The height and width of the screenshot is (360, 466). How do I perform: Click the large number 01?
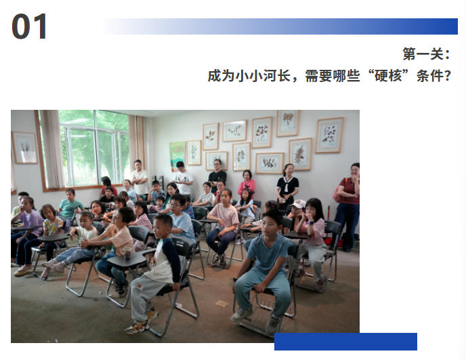(29, 26)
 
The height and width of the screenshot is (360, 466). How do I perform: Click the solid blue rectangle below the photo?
(345, 342)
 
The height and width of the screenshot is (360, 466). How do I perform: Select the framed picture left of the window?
(25, 148)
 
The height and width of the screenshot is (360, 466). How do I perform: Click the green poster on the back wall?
(177, 155)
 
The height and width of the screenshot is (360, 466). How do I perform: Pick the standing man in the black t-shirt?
(217, 175)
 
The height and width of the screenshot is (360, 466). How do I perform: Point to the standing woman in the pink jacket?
(247, 183)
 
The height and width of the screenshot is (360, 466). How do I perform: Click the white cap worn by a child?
(299, 204)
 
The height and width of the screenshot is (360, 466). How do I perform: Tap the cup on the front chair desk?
(127, 253)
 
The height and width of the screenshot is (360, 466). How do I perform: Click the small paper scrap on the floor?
(221, 304)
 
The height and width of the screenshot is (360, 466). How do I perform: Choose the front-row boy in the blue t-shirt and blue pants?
(264, 271)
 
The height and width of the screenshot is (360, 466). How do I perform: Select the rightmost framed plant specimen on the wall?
(329, 136)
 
